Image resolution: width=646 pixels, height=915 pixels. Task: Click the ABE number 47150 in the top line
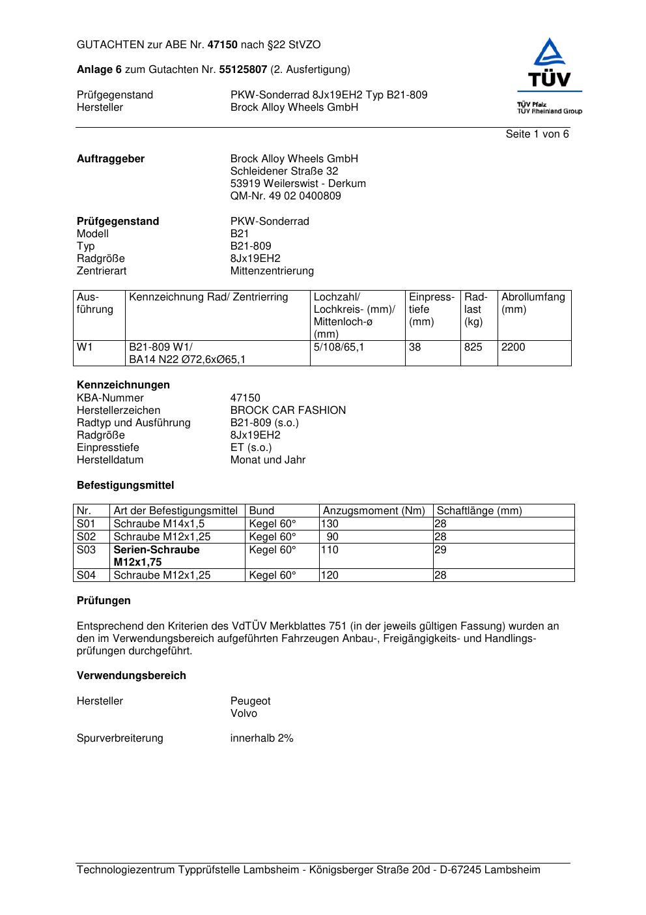[x=222, y=45]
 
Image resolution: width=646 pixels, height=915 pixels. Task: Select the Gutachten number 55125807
[x=243, y=70]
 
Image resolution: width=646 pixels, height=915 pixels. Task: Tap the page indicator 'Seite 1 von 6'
[x=537, y=134]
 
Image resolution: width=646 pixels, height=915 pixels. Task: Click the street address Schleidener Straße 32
[x=284, y=171]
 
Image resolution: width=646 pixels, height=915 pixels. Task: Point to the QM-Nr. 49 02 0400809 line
[x=285, y=196]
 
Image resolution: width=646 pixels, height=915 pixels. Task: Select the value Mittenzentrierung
[x=272, y=271]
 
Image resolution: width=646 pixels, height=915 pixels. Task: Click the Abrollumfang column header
[x=533, y=303]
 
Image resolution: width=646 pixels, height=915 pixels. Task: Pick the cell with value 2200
[x=513, y=347]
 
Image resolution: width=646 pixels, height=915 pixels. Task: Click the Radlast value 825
[x=473, y=347]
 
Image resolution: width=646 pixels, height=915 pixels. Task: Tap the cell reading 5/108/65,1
[x=339, y=347]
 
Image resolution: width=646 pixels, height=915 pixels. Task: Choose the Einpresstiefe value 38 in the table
[x=415, y=347]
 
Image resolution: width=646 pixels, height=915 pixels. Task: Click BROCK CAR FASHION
[x=288, y=411]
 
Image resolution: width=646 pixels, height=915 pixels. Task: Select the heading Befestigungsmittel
[x=125, y=486]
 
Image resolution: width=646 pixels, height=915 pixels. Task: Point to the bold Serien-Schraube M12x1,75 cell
[x=156, y=556]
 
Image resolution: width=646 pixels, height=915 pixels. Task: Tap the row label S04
[x=86, y=575]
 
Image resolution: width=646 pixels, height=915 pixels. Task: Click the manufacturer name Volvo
[x=244, y=714]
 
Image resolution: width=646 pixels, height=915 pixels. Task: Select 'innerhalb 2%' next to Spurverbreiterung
[x=262, y=738]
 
